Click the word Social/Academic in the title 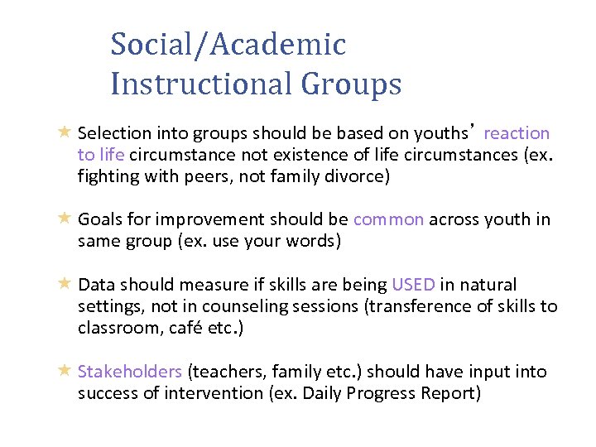click(228, 45)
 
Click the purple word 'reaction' click(517, 133)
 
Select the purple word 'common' click(388, 219)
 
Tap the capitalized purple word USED click(413, 286)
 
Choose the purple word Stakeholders click(130, 372)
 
